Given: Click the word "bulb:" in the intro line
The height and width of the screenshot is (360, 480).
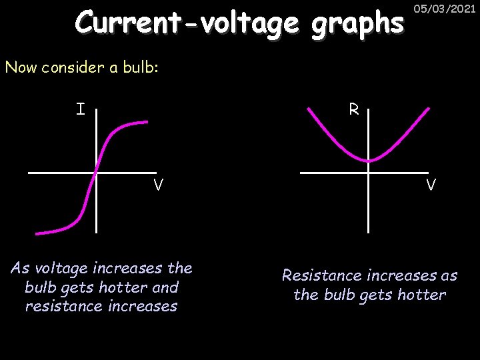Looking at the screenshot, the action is [140, 67].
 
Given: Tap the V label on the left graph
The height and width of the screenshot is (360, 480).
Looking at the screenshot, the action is [158, 185].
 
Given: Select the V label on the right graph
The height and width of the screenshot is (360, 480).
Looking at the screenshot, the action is [431, 185].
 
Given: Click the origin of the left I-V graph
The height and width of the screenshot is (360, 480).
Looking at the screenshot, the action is [95, 173].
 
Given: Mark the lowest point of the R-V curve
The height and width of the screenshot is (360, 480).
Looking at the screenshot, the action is [368, 161].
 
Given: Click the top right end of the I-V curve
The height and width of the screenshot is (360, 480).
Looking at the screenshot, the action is [147, 121].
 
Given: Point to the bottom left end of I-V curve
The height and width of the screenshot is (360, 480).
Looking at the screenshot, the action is [38, 233].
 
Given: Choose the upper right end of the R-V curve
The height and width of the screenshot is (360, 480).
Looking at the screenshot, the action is [427, 109].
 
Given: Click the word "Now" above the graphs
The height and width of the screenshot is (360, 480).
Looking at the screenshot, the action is [18, 67].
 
